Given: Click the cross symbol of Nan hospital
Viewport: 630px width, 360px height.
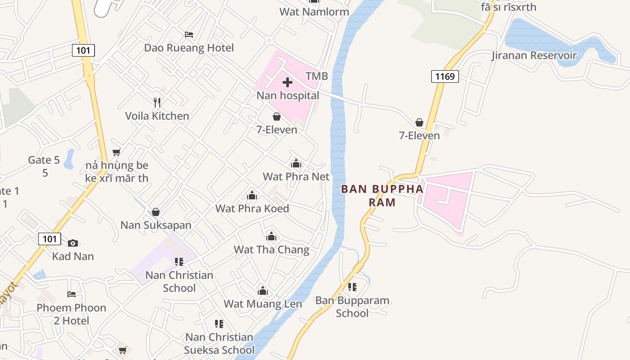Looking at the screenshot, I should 288,82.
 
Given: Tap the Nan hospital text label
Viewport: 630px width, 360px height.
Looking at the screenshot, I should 288,95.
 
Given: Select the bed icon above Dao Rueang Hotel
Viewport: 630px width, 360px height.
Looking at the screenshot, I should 189,35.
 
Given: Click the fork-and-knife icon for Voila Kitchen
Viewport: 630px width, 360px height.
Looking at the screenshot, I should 157,103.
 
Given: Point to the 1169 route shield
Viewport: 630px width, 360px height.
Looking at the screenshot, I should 445,76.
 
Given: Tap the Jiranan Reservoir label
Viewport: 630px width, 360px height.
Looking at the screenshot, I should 534,55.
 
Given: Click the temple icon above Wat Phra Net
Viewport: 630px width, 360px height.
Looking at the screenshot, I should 296,163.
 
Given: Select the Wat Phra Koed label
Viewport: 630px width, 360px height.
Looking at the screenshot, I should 252,208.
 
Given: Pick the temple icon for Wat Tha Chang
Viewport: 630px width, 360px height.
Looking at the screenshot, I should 271,236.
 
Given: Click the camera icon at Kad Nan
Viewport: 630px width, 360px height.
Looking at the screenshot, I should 73,243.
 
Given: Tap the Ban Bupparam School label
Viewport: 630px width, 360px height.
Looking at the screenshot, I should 352,306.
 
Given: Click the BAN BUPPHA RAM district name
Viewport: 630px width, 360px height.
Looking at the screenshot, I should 382,195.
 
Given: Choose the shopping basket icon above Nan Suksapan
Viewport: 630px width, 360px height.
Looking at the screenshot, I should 156,211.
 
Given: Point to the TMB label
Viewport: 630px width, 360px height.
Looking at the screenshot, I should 317,76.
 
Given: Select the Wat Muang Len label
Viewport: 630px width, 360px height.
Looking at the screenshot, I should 263,304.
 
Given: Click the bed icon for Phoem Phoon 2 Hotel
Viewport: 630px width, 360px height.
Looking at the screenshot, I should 72,294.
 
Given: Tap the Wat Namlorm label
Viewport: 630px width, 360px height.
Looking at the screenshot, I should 314,11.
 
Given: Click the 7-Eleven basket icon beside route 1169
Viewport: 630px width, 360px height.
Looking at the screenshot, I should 419,122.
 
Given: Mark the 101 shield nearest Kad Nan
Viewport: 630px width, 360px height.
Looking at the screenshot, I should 49,238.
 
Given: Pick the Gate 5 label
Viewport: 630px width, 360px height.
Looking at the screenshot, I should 44,160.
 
